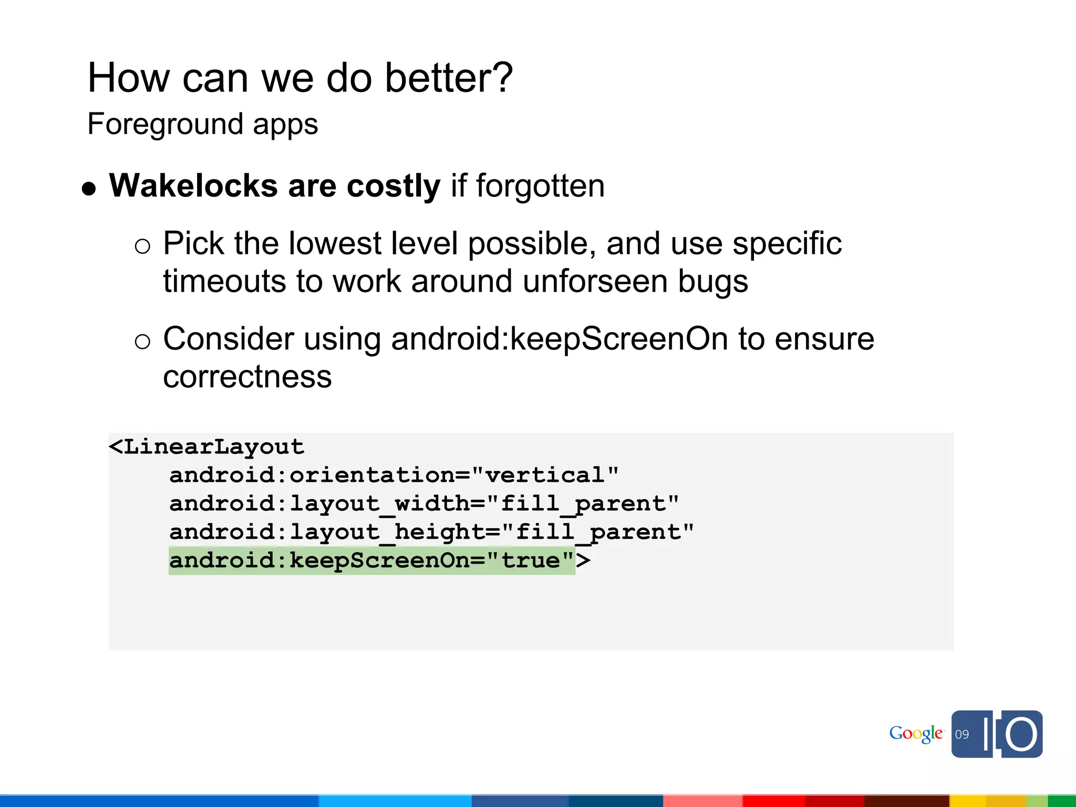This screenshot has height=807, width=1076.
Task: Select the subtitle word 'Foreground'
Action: [165, 125]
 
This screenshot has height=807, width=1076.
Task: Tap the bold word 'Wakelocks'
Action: [193, 186]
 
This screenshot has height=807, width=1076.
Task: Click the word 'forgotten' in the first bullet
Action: [540, 186]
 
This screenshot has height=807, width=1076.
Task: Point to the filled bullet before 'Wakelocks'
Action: [89, 189]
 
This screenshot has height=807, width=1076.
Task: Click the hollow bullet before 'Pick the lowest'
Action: [142, 246]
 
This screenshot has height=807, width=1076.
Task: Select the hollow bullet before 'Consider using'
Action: [142, 342]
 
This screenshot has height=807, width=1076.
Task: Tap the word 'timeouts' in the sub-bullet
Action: [224, 281]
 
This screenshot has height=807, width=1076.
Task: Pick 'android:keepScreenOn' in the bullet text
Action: [559, 339]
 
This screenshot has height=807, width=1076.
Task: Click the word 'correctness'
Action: [247, 377]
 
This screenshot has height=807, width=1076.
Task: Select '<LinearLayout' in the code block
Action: [206, 447]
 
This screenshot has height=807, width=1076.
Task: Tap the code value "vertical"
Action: [545, 475]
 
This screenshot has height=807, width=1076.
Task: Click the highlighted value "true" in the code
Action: [530, 561]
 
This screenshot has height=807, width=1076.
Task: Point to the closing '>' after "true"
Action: [583, 561]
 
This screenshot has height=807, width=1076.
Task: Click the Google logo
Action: [916, 734]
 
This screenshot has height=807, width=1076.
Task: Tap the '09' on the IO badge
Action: [962, 734]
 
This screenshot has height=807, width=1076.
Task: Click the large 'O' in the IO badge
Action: [1021, 734]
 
